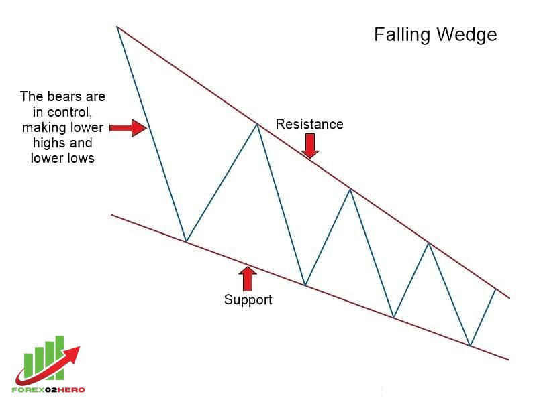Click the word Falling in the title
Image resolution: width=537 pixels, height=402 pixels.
coord(401,36)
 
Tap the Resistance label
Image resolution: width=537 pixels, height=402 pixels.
coord(309,124)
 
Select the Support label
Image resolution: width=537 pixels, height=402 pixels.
coord(248,299)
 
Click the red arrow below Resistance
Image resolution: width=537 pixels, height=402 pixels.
coord(310,145)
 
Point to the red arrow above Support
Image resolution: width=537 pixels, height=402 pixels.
coord(247,279)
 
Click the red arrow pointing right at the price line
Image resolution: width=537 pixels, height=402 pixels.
coord(128,128)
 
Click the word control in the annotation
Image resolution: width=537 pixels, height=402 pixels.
coord(70,112)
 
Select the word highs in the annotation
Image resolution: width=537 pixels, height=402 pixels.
coord(48,143)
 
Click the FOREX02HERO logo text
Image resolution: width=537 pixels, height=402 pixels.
coord(48,389)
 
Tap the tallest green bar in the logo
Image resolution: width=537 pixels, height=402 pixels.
coord(60,358)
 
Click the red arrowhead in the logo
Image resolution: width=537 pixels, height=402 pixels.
coord(72,354)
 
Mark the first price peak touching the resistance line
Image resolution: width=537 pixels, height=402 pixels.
coord(257,124)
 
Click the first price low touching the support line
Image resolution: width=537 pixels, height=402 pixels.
coord(186,242)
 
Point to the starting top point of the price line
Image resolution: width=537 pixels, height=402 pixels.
coord(117,26)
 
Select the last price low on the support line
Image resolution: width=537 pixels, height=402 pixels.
coord(471,346)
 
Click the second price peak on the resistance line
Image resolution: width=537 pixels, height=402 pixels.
coord(350,189)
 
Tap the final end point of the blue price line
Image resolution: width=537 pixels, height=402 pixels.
coord(495,289)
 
